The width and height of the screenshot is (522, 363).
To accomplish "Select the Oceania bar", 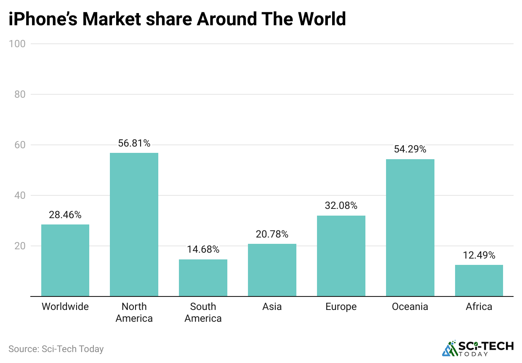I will (410, 227).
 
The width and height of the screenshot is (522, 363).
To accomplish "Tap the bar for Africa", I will (479, 280).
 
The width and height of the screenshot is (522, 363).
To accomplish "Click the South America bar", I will (203, 278).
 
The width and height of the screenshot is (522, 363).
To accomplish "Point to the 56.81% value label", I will (134, 144).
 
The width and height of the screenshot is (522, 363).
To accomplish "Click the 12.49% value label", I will (479, 255).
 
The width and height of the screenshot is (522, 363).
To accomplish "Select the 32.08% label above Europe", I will (341, 206).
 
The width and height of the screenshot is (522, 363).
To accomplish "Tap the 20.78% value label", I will (272, 234).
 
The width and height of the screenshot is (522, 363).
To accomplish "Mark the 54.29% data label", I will (410, 149).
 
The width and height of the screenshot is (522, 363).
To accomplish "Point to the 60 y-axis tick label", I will (19, 145).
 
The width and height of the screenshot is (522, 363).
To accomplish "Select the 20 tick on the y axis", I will (19, 246).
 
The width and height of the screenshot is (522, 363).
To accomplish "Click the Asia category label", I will (272, 307).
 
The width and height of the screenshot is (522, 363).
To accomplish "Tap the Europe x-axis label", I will (341, 307).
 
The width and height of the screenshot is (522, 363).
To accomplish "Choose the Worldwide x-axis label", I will (65, 307).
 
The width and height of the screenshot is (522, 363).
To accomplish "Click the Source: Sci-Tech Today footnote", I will (56, 349).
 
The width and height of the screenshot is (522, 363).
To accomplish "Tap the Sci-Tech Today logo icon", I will (450, 348).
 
